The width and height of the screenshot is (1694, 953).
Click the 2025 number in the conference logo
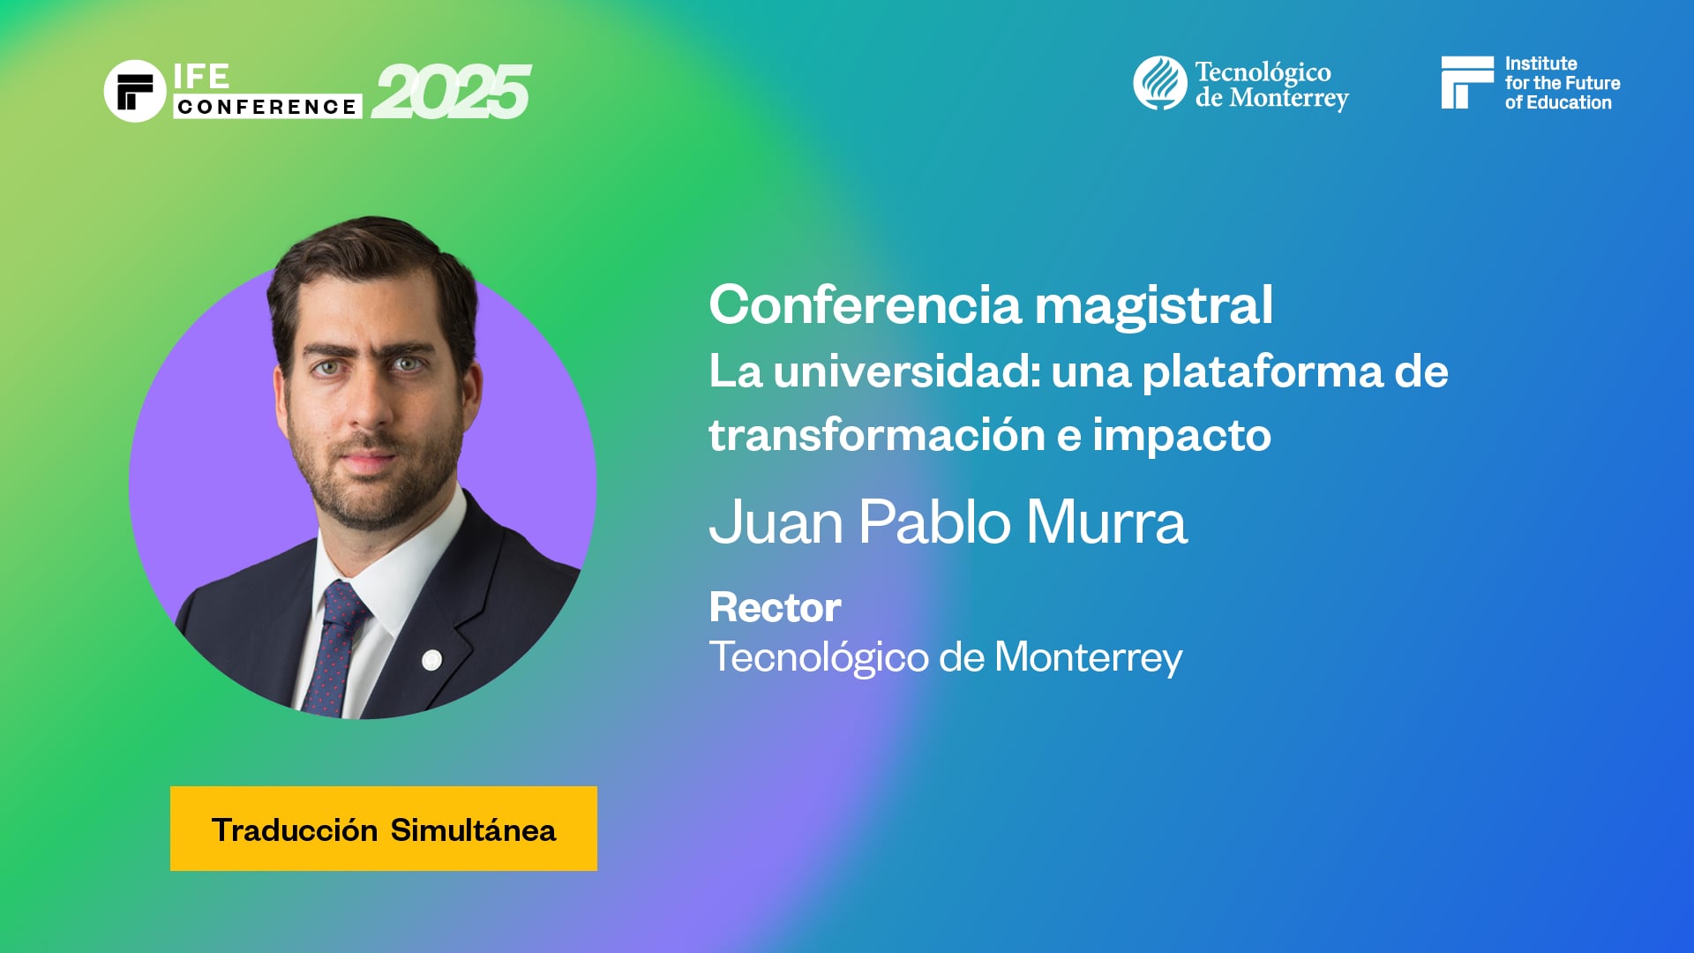click(451, 92)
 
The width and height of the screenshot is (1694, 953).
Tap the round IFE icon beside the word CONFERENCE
click(135, 91)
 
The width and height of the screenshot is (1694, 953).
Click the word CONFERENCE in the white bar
click(266, 107)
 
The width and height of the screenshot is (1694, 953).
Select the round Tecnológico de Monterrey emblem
click(1159, 83)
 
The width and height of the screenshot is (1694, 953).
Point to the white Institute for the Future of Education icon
click(1466, 82)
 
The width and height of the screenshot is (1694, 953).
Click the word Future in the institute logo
click(1592, 83)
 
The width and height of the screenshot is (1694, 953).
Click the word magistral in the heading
click(1153, 305)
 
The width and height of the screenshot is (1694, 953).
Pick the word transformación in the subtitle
click(877, 435)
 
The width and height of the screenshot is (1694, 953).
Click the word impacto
click(1181, 435)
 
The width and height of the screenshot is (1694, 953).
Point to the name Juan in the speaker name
click(776, 522)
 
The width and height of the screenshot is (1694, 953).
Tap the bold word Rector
click(775, 607)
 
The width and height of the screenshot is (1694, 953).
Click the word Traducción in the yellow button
click(295, 830)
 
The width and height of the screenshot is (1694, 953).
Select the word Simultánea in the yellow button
click(473, 830)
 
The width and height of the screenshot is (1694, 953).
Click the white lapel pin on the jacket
click(431, 659)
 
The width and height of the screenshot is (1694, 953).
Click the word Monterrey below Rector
click(1088, 657)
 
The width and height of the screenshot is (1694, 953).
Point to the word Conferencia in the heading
click(865, 305)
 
